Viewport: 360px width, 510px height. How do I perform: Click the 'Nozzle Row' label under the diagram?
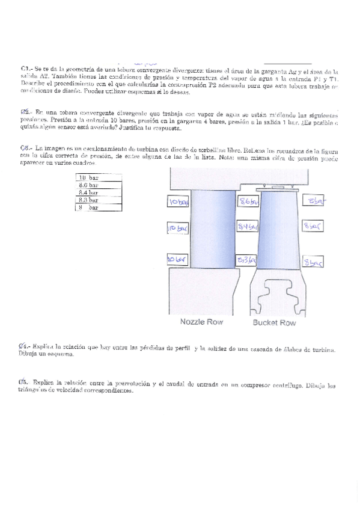[x=202, y=322]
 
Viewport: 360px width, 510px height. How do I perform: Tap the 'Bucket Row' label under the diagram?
[x=274, y=323]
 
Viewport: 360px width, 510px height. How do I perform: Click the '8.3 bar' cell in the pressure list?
[x=90, y=200]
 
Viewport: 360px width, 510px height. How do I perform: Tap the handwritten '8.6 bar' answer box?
[x=248, y=202]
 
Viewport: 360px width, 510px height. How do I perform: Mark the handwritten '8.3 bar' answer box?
[x=248, y=260]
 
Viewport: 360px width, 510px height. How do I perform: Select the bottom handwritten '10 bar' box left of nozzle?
[x=178, y=259]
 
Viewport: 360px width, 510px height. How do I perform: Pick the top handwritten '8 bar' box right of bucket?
[x=314, y=201]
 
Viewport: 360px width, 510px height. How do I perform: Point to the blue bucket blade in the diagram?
[x=277, y=231]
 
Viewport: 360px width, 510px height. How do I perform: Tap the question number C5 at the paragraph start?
[x=24, y=383]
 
